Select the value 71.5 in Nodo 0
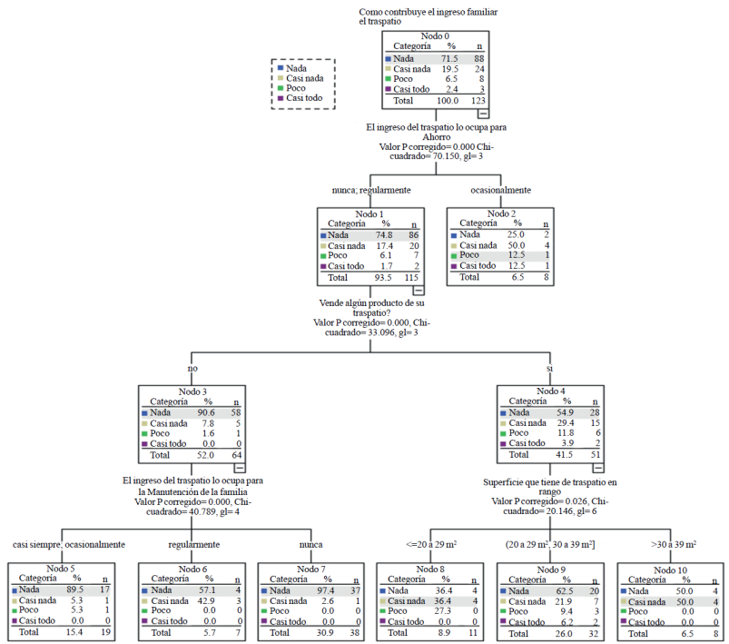[451, 58]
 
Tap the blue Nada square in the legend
[280, 68]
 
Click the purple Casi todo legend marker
[280, 98]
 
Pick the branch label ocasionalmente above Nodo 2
[500, 191]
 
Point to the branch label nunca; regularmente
[369, 191]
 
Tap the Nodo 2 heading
[500, 213]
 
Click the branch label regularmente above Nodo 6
[194, 545]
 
